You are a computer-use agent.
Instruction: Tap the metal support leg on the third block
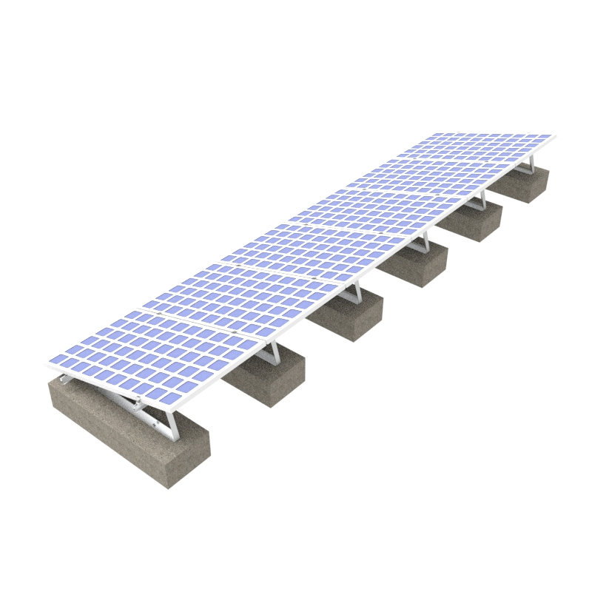click(x=356, y=292)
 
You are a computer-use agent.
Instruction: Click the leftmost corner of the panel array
click(x=47, y=364)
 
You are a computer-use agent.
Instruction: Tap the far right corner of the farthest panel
click(x=554, y=136)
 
